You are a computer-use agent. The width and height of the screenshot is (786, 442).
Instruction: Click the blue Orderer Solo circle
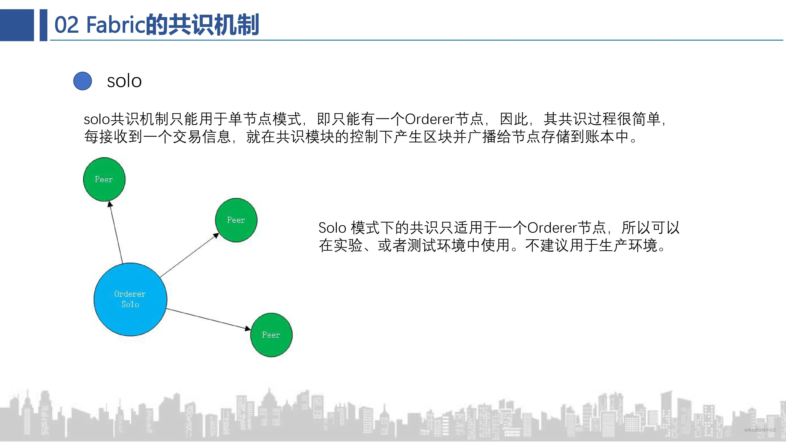pyautogui.click(x=130, y=299)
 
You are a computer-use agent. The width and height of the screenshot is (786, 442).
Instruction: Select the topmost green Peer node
pyautogui.click(x=104, y=179)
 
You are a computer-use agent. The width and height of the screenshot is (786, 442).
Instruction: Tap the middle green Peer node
pyautogui.click(x=236, y=220)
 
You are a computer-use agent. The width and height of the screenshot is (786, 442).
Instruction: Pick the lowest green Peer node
pyautogui.click(x=271, y=335)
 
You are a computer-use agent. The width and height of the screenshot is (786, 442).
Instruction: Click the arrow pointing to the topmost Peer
pyautogui.click(x=116, y=232)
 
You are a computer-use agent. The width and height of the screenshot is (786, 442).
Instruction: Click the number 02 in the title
pyautogui.click(x=67, y=25)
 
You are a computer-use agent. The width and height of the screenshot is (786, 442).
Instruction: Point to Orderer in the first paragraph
pyautogui.click(x=430, y=119)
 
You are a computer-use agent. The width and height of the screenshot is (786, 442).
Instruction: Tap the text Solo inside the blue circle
pyautogui.click(x=130, y=304)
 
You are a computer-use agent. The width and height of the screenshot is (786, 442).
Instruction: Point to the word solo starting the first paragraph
pyautogui.click(x=97, y=119)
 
